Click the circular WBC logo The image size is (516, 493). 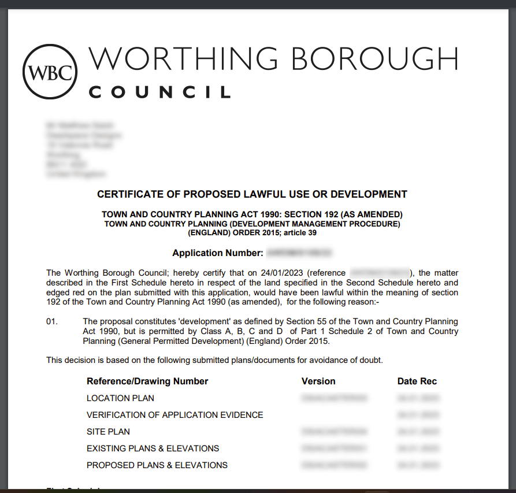click(50, 72)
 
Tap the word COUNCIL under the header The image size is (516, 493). click(159, 92)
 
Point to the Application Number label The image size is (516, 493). click(218, 253)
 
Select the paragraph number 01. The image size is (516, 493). click(52, 321)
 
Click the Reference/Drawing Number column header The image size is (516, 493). click(147, 381)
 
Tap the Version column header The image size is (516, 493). click(318, 381)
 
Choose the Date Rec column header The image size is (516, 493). click(417, 381)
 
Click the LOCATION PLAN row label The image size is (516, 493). click(120, 398)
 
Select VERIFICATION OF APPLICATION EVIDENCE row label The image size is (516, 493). click(175, 415)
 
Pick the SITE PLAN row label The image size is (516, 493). click(108, 432)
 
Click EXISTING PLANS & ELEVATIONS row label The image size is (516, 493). click(153, 448)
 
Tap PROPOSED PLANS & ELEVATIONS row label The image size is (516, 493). click(157, 465)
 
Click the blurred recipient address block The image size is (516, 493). click(83, 149)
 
